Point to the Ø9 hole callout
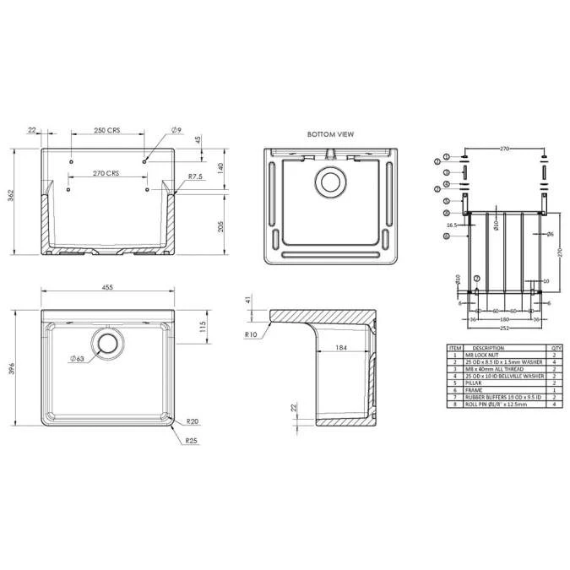[x=176, y=129]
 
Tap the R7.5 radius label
[x=196, y=176]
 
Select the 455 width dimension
[x=107, y=288]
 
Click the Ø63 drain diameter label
[x=79, y=359]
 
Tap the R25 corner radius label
[x=192, y=440]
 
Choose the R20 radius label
[x=193, y=421]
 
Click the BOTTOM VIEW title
[x=330, y=134]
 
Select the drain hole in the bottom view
[x=330, y=181]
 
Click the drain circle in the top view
[x=108, y=342]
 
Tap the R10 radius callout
[x=251, y=335]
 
